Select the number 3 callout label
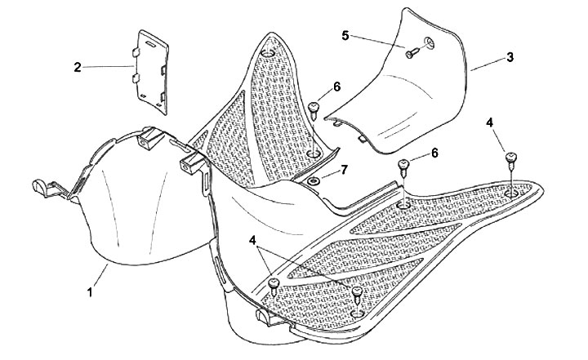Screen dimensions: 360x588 509,58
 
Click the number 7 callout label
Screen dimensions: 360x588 345,170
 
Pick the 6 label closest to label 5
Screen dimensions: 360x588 336,87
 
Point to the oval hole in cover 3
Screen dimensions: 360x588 429,42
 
